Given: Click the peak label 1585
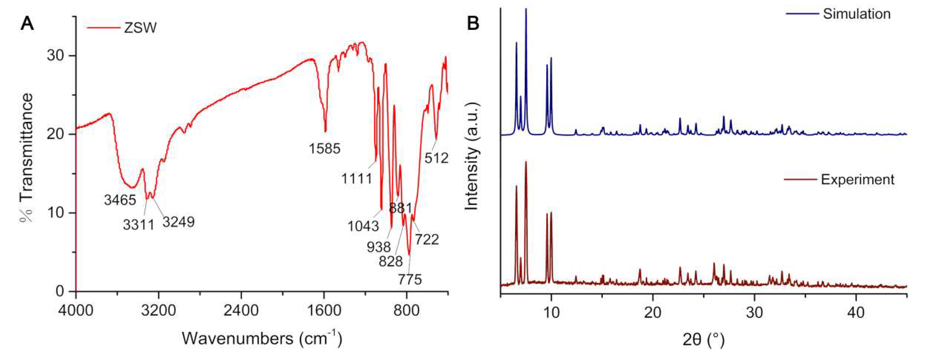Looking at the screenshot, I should click(325, 149).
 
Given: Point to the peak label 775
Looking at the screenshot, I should click(410, 279).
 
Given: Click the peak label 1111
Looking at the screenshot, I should click(357, 179).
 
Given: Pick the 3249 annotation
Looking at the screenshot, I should click(178, 222).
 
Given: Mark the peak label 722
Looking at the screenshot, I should click(427, 239).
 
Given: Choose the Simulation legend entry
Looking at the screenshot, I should click(856, 14).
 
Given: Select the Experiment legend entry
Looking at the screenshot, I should click(858, 180).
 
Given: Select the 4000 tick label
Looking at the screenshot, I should click(76, 310).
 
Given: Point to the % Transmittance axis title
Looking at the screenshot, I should click(26, 158).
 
